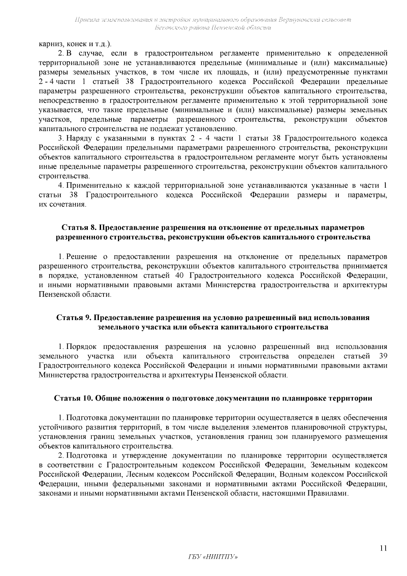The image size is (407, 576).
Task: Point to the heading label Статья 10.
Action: tap(74, 398)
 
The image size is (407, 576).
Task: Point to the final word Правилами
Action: tap(327, 494)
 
